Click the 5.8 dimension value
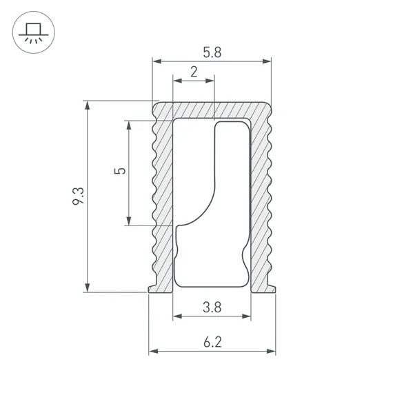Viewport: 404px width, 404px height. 212,51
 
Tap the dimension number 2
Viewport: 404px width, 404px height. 194,71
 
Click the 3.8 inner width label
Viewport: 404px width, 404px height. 212,307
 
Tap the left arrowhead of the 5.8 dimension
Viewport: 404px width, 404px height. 156,63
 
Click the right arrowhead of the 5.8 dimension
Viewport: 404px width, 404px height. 267,63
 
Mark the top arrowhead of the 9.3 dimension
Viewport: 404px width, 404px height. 87,105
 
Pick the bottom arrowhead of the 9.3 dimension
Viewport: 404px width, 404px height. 87,288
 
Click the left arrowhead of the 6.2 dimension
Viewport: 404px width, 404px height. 152,352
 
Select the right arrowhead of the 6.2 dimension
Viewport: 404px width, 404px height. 272,352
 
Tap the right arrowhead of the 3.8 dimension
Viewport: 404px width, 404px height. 247,317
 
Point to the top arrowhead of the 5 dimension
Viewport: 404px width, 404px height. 128,124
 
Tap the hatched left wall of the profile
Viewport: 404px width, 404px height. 162,200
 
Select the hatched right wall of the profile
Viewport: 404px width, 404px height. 260,200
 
